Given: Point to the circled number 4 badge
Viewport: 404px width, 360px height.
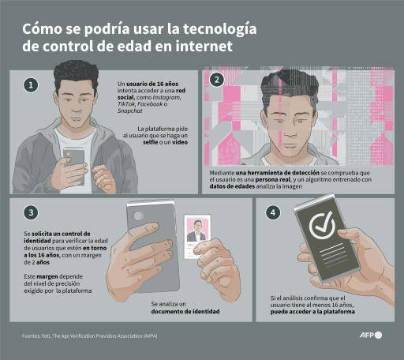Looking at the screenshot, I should [273, 212].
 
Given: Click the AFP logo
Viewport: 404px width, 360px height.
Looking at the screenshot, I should [369, 335].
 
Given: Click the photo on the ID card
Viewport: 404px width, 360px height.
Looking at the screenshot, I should [196, 230].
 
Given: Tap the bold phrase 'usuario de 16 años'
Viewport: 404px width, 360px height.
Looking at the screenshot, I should [149, 84].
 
